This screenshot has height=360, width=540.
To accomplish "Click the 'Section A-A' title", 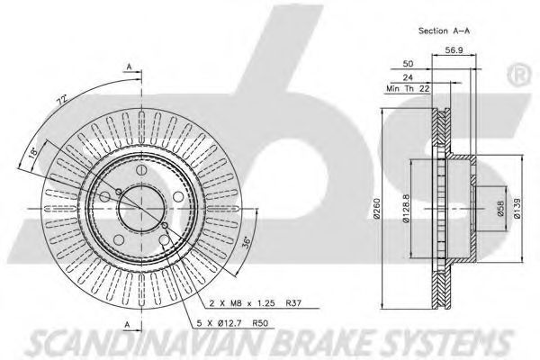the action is [444, 31].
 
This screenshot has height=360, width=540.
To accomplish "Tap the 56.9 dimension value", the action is [454, 50].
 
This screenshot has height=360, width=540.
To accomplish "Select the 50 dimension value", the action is [408, 64].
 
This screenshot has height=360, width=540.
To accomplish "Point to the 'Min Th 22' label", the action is [408, 88].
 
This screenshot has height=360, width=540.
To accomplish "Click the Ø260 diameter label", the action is [376, 208].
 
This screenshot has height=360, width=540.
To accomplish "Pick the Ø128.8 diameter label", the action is [406, 209].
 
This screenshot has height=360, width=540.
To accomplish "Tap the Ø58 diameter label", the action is [500, 209].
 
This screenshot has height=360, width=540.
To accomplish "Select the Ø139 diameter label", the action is [517, 209].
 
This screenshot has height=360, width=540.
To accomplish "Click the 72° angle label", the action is [62, 101].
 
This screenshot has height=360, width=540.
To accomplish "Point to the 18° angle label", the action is [32, 152].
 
